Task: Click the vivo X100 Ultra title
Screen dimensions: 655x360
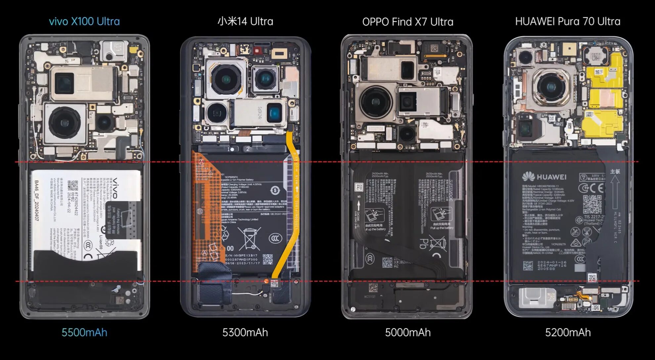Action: (84, 22)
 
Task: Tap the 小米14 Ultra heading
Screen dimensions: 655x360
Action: (245, 22)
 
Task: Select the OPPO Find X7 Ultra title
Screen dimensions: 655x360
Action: (408, 22)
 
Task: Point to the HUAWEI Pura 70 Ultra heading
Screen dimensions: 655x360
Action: (568, 22)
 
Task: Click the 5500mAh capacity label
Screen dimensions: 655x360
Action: (84, 332)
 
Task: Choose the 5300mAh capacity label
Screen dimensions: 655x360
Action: (245, 332)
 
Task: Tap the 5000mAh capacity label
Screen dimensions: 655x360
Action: (408, 332)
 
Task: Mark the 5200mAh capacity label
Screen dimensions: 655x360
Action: (568, 332)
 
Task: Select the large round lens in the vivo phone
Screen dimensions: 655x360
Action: (65, 122)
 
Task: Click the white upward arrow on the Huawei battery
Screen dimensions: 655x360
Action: (615, 189)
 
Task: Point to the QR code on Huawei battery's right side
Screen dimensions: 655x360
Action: (592, 204)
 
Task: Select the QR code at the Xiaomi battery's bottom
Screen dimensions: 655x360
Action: (268, 259)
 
